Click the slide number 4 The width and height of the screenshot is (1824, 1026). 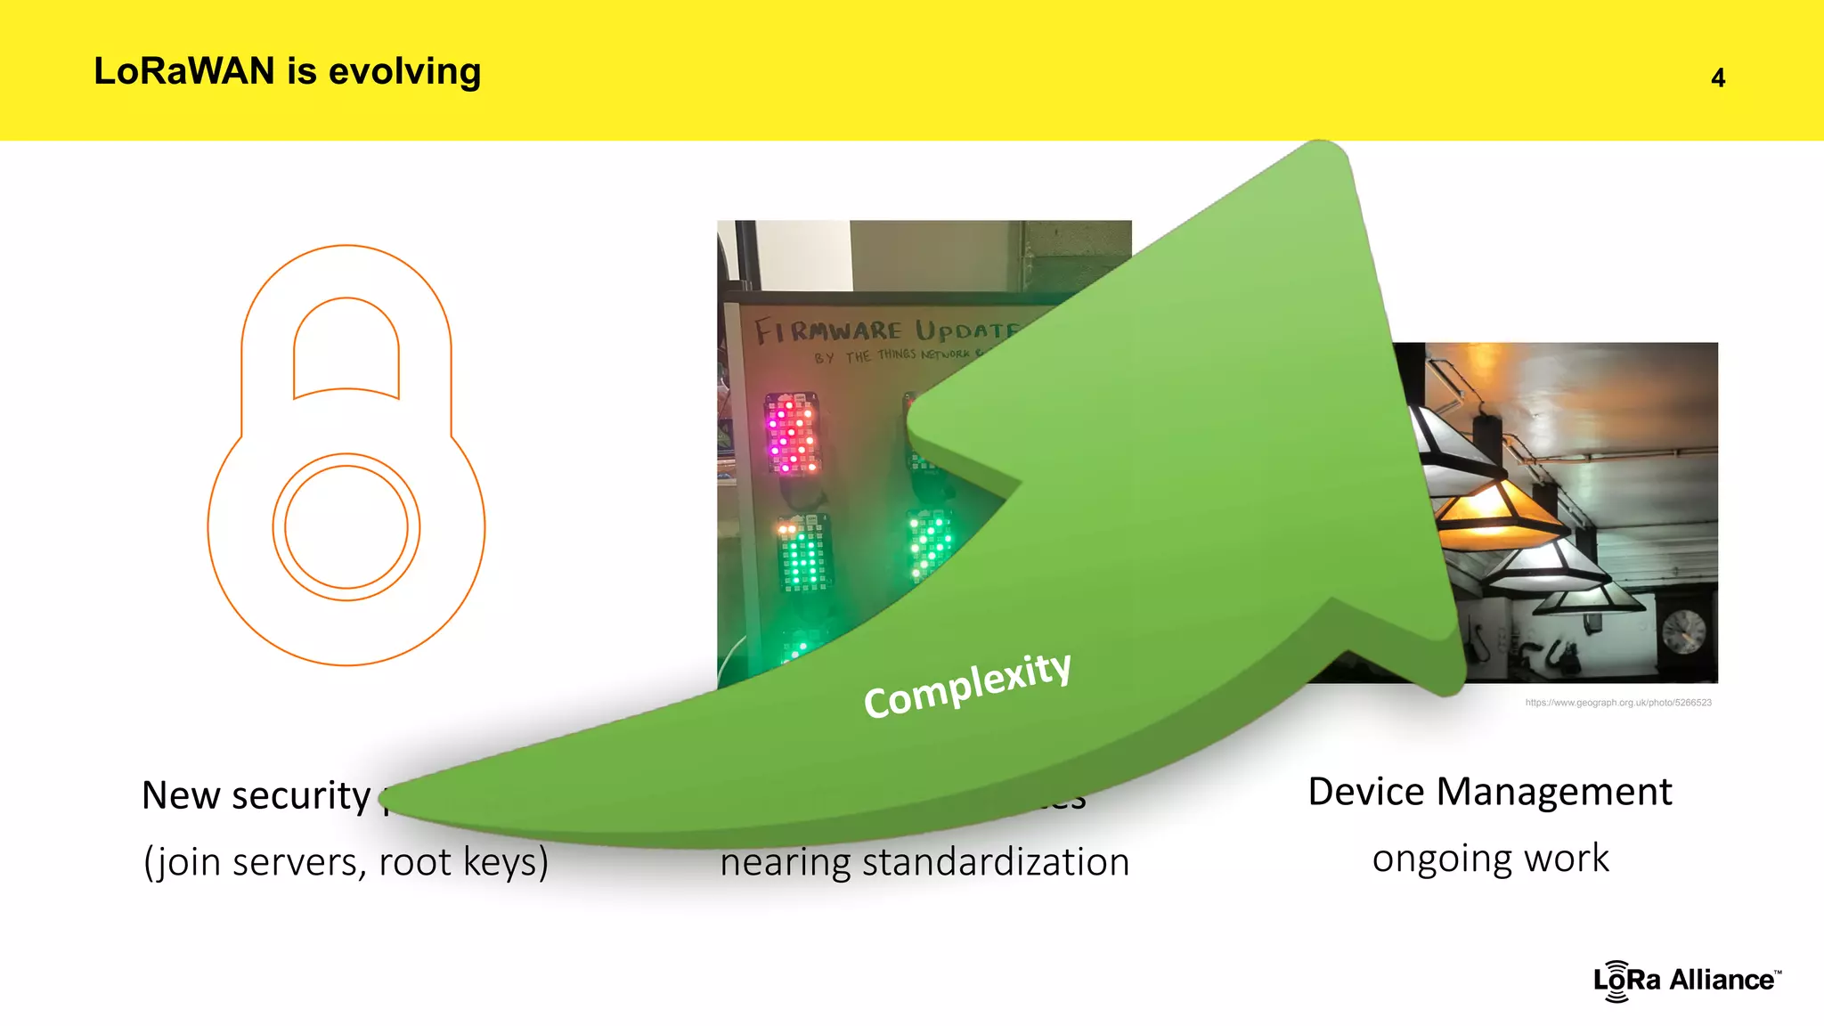coord(1718,78)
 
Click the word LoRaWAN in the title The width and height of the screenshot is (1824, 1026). coord(184,71)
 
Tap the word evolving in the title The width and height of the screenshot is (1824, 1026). coord(404,71)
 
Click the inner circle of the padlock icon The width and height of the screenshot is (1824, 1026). coord(346,527)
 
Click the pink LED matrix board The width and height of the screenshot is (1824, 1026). coord(791,434)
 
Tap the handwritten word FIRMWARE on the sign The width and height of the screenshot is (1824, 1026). coord(828,331)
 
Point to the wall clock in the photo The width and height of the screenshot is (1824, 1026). coord(1683,631)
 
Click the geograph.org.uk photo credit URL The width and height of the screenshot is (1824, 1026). coord(1617,703)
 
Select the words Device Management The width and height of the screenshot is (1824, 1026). coord(1489,792)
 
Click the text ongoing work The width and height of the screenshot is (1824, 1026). coord(1490,859)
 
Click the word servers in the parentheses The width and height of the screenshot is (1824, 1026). coord(307,862)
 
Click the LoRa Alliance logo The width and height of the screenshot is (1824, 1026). coord(1686,981)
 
